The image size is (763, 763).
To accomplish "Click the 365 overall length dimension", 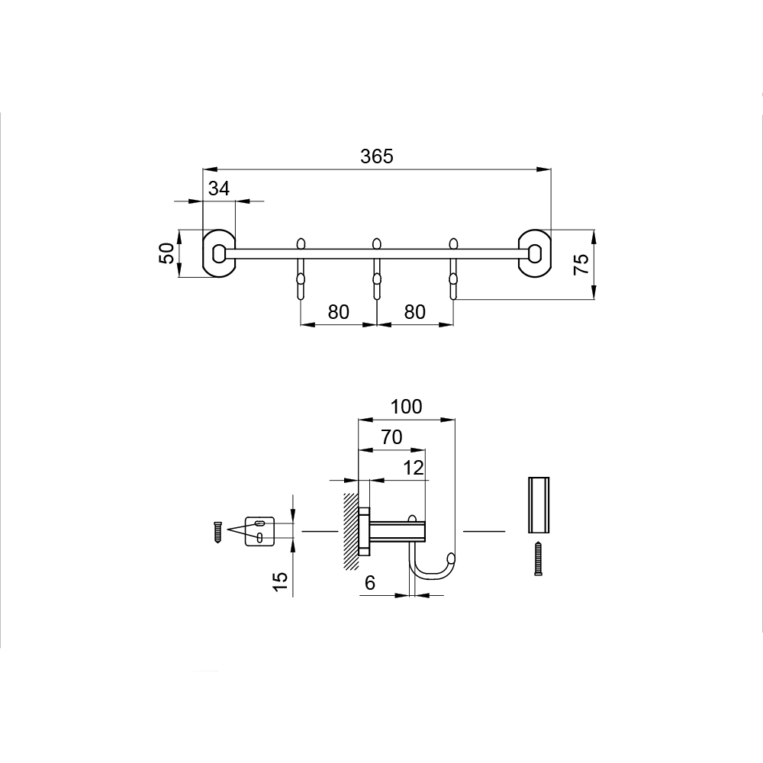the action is tap(377, 156).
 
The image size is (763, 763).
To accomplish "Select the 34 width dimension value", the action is tap(218, 188).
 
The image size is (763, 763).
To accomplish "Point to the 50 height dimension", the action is tap(167, 253).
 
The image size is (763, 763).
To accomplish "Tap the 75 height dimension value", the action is tap(581, 264).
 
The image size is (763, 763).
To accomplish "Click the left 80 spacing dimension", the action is tap(338, 312).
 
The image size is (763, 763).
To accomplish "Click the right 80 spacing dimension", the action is tap(414, 312).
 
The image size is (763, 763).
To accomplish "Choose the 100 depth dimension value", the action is tap(407, 407).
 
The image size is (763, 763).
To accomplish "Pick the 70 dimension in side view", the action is tap(391, 437).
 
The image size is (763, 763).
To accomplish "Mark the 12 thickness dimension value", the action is tap(414, 468).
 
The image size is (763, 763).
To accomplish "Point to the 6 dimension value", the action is tap(370, 582).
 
